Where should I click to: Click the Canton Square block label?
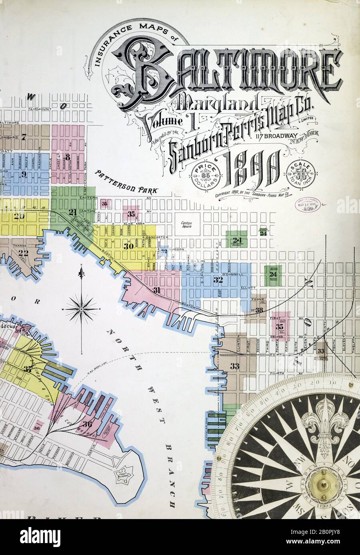(x=186, y=224)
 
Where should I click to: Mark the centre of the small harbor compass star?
(x=81, y=309)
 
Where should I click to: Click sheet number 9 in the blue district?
(x=24, y=174)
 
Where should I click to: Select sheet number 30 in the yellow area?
(x=128, y=246)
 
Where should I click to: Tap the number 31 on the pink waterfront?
(x=157, y=290)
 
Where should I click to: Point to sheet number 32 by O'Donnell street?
(x=218, y=280)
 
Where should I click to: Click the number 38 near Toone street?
(x=259, y=310)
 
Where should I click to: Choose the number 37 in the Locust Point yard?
(x=28, y=369)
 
